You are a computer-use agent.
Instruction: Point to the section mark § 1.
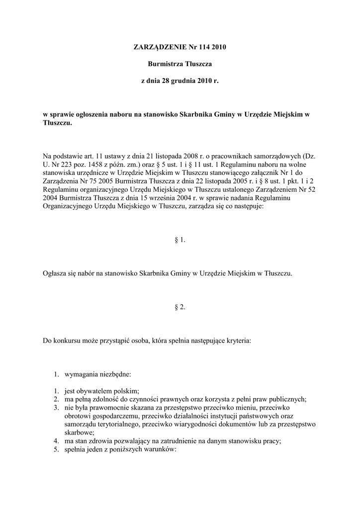[180, 240]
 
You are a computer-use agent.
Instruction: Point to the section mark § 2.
[180, 307]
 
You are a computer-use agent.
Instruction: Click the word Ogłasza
[55, 273]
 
